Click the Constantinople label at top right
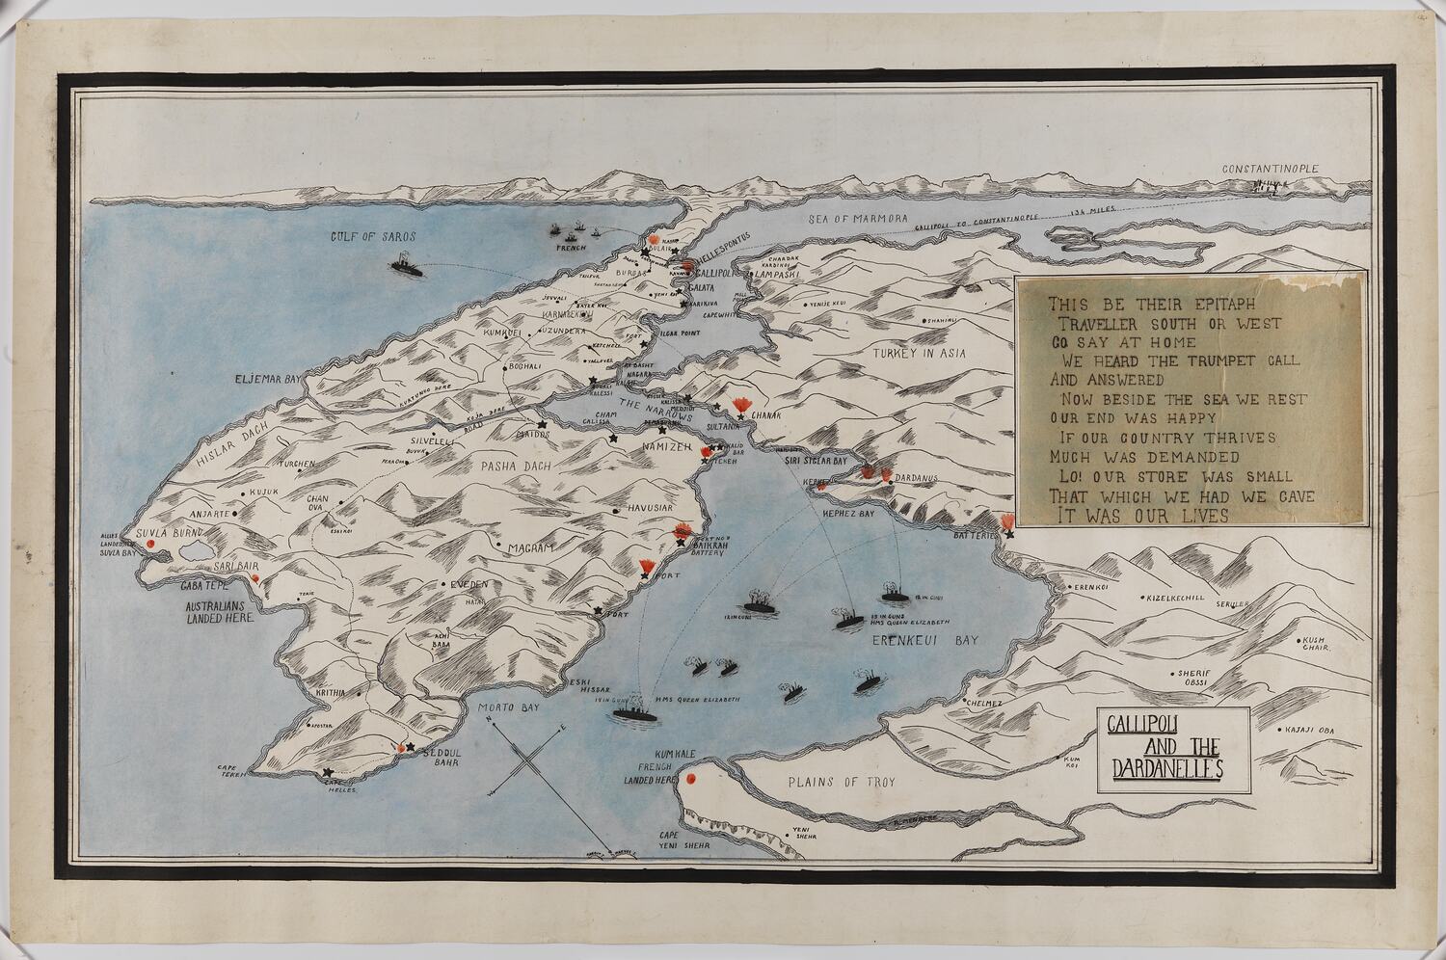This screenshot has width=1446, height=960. (x=1270, y=169)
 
